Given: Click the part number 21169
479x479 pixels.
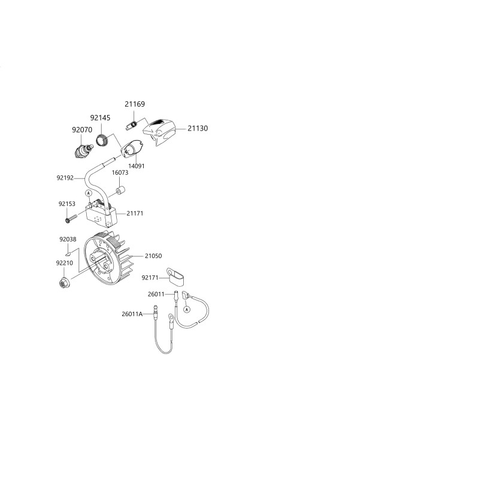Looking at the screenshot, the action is (x=135, y=104).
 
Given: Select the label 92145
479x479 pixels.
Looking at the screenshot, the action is (x=100, y=118).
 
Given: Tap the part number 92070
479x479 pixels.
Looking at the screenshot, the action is (x=82, y=130).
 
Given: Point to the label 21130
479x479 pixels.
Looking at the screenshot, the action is (x=198, y=128).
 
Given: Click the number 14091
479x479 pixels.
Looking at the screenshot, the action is (x=137, y=166).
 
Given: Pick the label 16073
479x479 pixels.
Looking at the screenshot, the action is (x=120, y=172).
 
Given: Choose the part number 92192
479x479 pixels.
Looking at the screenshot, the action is (x=65, y=178).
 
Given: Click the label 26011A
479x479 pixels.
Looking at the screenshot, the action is (x=132, y=314).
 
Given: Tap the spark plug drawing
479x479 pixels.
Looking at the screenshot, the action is (x=84, y=151).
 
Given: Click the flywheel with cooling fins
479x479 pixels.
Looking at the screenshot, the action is (x=108, y=258).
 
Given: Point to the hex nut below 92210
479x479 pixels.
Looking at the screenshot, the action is (x=64, y=283).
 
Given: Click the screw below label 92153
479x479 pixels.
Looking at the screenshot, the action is (x=71, y=219).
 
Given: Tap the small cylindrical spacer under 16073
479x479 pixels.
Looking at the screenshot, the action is (x=120, y=191).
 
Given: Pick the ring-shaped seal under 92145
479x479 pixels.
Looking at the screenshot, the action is (x=102, y=140).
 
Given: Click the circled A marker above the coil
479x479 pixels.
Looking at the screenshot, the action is (x=89, y=193).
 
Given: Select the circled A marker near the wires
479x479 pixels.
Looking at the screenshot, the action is (x=187, y=310).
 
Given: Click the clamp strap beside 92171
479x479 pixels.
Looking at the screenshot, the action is (x=175, y=277).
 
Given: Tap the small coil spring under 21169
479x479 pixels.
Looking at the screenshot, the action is (x=131, y=125).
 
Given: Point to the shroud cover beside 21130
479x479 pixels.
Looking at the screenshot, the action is (x=159, y=132).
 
